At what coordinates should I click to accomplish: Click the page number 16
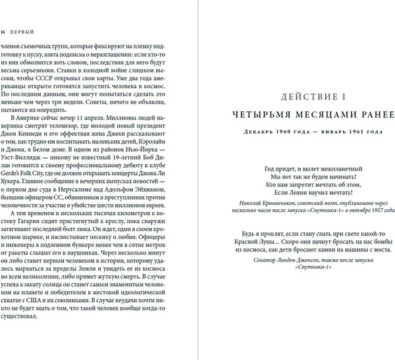(x=4, y=31)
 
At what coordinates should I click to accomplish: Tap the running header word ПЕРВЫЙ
(x=22, y=31)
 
